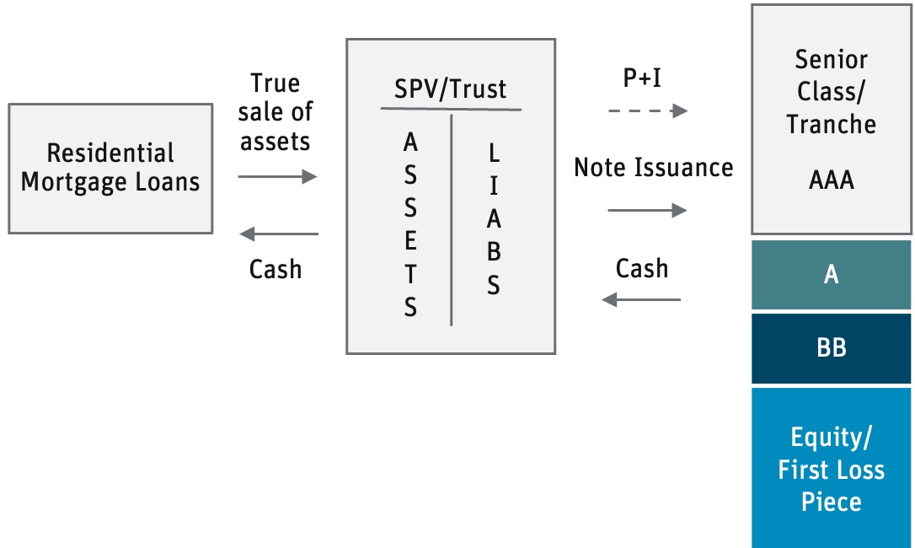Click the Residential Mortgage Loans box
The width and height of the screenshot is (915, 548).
[x=110, y=168]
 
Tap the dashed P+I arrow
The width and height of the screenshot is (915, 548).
[x=647, y=110]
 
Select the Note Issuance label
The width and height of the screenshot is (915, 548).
[x=653, y=167]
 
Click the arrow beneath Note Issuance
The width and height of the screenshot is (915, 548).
[x=647, y=210]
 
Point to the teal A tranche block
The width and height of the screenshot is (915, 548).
[x=832, y=275]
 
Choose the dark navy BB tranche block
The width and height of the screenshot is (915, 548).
[x=832, y=348]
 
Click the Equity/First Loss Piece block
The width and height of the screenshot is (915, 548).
[x=832, y=469]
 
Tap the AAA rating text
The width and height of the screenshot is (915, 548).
[x=831, y=179]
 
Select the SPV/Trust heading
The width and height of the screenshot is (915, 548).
[x=451, y=89]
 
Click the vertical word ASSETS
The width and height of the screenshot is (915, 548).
[x=410, y=225]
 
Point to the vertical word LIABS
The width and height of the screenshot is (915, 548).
[x=494, y=219]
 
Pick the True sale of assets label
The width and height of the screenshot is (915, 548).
[x=276, y=112]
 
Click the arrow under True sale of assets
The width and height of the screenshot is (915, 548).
[x=277, y=176]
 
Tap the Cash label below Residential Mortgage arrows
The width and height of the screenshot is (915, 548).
[x=276, y=269]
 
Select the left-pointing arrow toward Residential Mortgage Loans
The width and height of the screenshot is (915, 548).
[x=279, y=234]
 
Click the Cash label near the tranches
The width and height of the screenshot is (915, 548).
[x=642, y=268]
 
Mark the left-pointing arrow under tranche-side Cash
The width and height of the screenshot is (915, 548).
[x=641, y=299]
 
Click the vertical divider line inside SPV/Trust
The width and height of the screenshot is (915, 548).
[x=452, y=219]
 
